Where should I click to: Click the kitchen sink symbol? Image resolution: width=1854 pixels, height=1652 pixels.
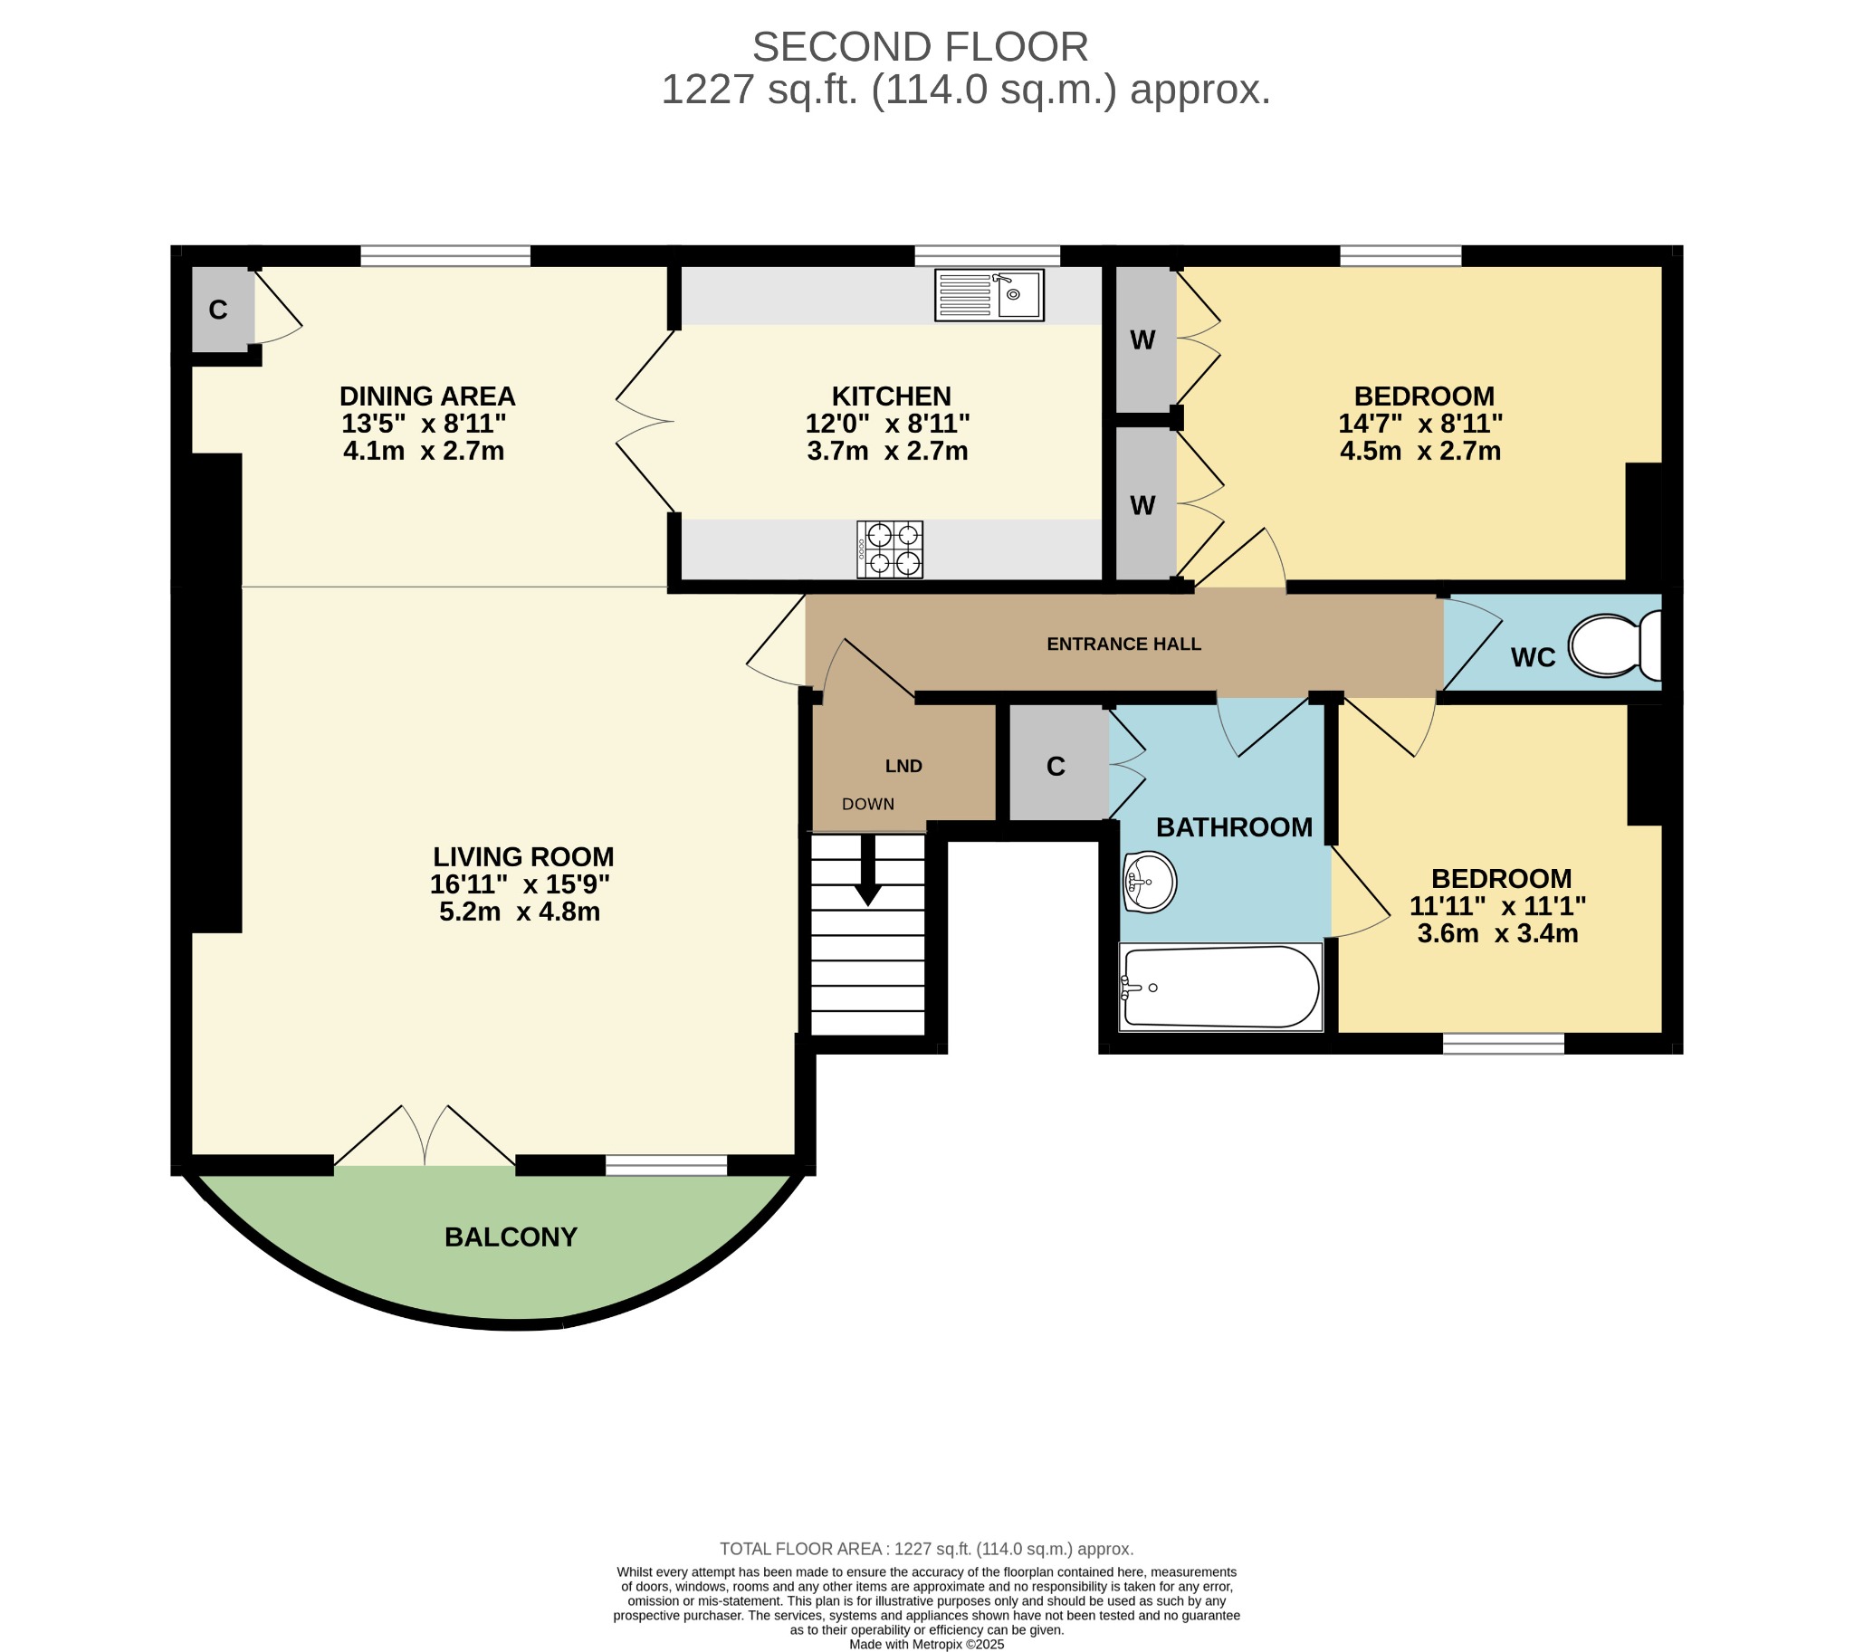click(x=989, y=295)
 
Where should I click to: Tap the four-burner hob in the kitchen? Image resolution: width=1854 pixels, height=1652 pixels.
click(x=890, y=549)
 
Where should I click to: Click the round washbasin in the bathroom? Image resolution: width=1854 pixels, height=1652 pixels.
click(x=1150, y=882)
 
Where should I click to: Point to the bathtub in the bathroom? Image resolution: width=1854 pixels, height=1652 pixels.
click(x=1220, y=987)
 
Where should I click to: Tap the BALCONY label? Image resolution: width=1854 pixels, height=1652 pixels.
click(x=511, y=1237)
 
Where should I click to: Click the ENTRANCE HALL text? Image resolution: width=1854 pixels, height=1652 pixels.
click(x=1123, y=644)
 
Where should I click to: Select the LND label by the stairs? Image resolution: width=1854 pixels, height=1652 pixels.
click(x=903, y=766)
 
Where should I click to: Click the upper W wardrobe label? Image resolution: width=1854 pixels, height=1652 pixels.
click(x=1142, y=340)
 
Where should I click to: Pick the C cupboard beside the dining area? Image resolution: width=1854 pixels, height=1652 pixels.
click(x=218, y=310)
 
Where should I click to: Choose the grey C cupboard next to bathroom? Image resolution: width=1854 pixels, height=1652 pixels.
click(x=1055, y=767)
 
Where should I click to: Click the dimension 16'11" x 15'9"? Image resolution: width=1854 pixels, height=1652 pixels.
click(x=520, y=884)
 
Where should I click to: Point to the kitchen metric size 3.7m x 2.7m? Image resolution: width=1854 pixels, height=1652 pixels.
click(x=887, y=451)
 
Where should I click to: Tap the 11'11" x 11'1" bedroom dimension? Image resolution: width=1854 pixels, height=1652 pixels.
click(x=1497, y=906)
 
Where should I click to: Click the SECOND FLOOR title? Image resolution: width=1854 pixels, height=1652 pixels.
click(x=920, y=47)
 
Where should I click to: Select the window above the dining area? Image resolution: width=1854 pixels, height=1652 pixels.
click(x=444, y=256)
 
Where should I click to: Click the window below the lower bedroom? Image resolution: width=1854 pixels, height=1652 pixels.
click(x=1503, y=1044)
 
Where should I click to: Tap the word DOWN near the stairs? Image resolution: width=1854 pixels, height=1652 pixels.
click(x=868, y=804)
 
